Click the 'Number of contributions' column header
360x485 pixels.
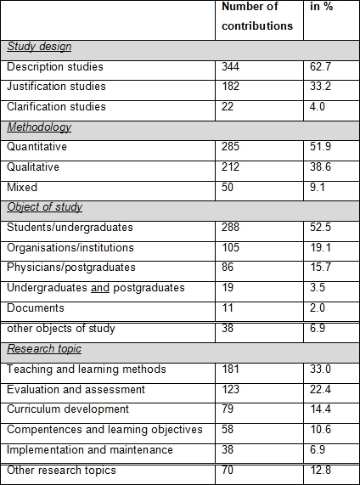pyautogui.click(x=257, y=16)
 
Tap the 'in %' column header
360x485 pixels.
pyautogui.click(x=321, y=7)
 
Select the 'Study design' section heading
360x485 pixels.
pyautogui.click(x=39, y=47)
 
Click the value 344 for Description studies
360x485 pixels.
pyautogui.click(x=230, y=66)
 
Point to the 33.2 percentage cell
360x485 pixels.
pyautogui.click(x=320, y=86)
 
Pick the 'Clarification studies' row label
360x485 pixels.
pyautogui.click(x=56, y=106)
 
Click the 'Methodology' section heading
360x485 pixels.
pyautogui.click(x=39, y=127)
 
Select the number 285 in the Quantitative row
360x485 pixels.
pyautogui.click(x=230, y=146)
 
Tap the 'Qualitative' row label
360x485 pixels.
pyautogui.click(x=33, y=167)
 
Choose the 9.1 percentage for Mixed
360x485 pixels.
pyautogui.click(x=318, y=187)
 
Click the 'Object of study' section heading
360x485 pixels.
pyautogui.click(x=44, y=207)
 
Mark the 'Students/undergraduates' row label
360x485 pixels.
pyautogui.click(x=70, y=228)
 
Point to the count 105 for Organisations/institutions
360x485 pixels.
pyautogui.click(x=230, y=247)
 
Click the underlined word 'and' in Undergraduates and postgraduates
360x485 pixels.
pyautogui.click(x=100, y=288)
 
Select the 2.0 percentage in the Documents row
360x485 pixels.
pyautogui.click(x=318, y=307)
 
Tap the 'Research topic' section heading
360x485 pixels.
pyautogui.click(x=44, y=349)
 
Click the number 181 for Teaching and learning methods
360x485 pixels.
pyautogui.click(x=230, y=369)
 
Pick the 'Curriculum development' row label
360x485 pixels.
pyautogui.click(x=68, y=409)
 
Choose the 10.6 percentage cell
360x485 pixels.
pyautogui.click(x=320, y=429)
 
